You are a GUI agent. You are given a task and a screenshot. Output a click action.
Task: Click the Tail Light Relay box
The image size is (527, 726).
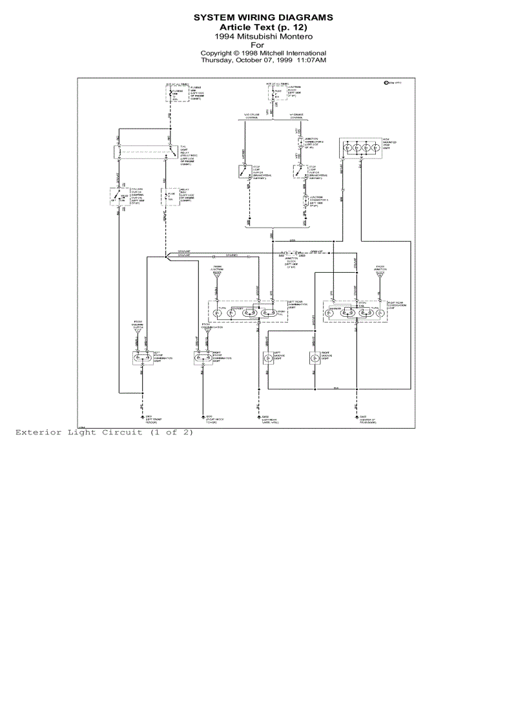(147, 152)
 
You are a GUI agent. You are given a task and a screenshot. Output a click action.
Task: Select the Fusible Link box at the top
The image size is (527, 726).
(169, 94)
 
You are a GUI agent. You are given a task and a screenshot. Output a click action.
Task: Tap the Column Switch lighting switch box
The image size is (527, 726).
(119, 197)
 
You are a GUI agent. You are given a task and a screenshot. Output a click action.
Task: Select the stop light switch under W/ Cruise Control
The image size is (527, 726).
(299, 172)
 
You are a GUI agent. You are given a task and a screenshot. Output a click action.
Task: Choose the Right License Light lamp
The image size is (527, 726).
(315, 358)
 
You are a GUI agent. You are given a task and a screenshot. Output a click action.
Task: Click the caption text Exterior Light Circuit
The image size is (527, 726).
(104, 432)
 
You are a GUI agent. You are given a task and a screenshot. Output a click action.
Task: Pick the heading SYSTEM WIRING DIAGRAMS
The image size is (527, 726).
(263, 17)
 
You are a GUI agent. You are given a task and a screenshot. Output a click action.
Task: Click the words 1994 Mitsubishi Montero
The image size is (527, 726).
(263, 37)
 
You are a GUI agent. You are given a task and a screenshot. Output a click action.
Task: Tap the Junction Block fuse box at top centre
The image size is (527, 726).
(277, 93)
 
